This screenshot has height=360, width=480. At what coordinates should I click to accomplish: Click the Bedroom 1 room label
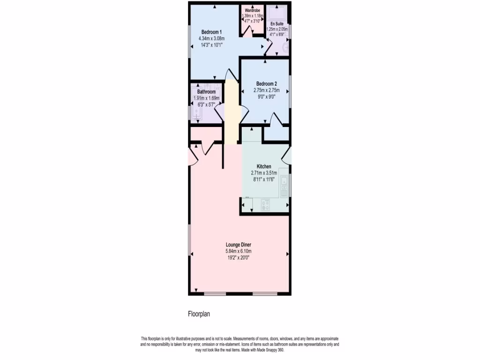[205, 32]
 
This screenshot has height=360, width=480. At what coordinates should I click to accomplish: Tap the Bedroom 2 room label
[266, 84]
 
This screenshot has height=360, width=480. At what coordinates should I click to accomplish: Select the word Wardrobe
[252, 10]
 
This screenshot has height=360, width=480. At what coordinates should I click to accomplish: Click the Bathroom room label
[206, 92]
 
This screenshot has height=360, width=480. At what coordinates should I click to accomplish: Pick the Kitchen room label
[264, 166]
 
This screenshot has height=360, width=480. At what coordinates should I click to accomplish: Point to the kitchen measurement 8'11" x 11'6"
[264, 179]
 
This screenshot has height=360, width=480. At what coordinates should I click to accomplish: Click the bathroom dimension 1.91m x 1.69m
[206, 98]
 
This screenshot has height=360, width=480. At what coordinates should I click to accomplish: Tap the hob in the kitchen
[265, 204]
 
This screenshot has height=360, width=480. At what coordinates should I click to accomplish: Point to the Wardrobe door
[247, 31]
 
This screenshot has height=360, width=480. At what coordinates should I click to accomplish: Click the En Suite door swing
[269, 46]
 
